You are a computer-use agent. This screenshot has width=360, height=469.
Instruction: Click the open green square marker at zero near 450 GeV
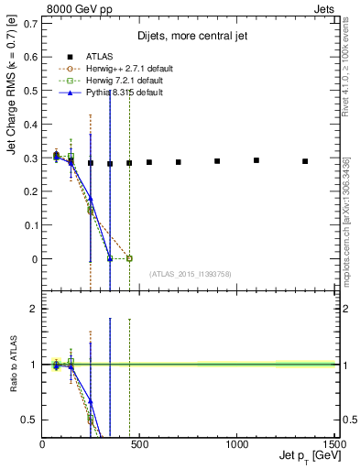(x=129, y=258)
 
